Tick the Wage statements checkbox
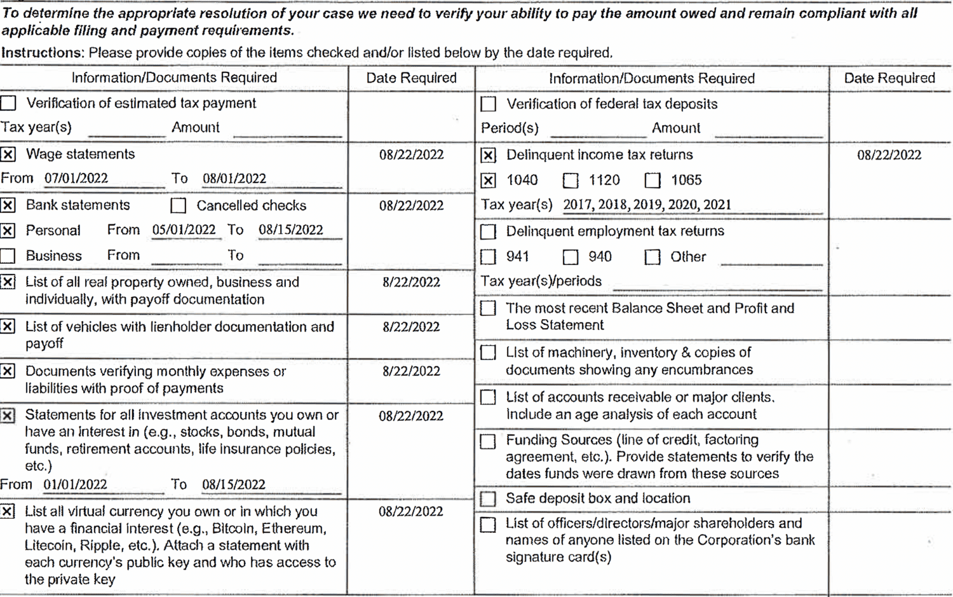[x=8, y=154]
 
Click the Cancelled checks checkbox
[x=179, y=205]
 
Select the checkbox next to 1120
[x=571, y=181]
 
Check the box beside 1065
[x=652, y=181]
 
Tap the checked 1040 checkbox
[x=488, y=181]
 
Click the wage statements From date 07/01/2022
[x=76, y=179]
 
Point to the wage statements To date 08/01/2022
[x=234, y=179]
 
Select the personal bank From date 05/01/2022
[x=184, y=230]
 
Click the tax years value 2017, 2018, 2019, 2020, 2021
[x=647, y=205]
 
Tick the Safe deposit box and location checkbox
[x=488, y=499]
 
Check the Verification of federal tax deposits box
[x=488, y=104]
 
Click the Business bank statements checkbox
[x=8, y=256]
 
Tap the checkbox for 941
[x=488, y=257]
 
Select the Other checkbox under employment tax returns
[x=652, y=257]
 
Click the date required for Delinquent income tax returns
[x=889, y=155]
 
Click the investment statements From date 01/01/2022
[x=75, y=484]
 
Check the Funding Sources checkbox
[x=488, y=441]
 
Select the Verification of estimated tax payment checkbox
[x=8, y=103]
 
